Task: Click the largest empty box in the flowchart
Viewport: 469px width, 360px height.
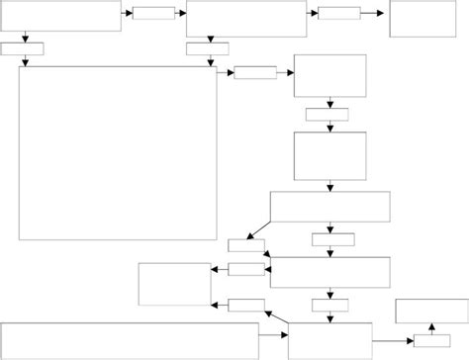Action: click(x=118, y=152)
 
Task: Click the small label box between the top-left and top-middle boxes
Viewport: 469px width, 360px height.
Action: click(x=153, y=13)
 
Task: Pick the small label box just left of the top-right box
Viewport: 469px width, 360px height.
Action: click(x=339, y=13)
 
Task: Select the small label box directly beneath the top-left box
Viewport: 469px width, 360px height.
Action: click(x=23, y=48)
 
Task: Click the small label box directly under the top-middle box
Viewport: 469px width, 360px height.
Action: click(x=208, y=48)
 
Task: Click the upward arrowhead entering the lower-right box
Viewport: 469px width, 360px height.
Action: click(x=430, y=325)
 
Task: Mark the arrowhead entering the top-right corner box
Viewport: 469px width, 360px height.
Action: click(x=386, y=13)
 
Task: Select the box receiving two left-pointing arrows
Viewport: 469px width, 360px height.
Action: click(x=174, y=284)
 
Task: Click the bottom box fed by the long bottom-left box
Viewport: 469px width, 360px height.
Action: click(x=330, y=340)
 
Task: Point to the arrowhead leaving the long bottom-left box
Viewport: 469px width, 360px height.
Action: click(x=285, y=340)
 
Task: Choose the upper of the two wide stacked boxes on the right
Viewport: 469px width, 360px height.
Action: click(x=329, y=207)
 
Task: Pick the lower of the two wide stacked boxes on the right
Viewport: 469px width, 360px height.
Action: click(x=329, y=271)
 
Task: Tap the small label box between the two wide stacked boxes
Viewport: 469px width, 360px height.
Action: click(x=333, y=239)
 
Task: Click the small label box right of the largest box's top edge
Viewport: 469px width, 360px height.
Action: click(x=255, y=72)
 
